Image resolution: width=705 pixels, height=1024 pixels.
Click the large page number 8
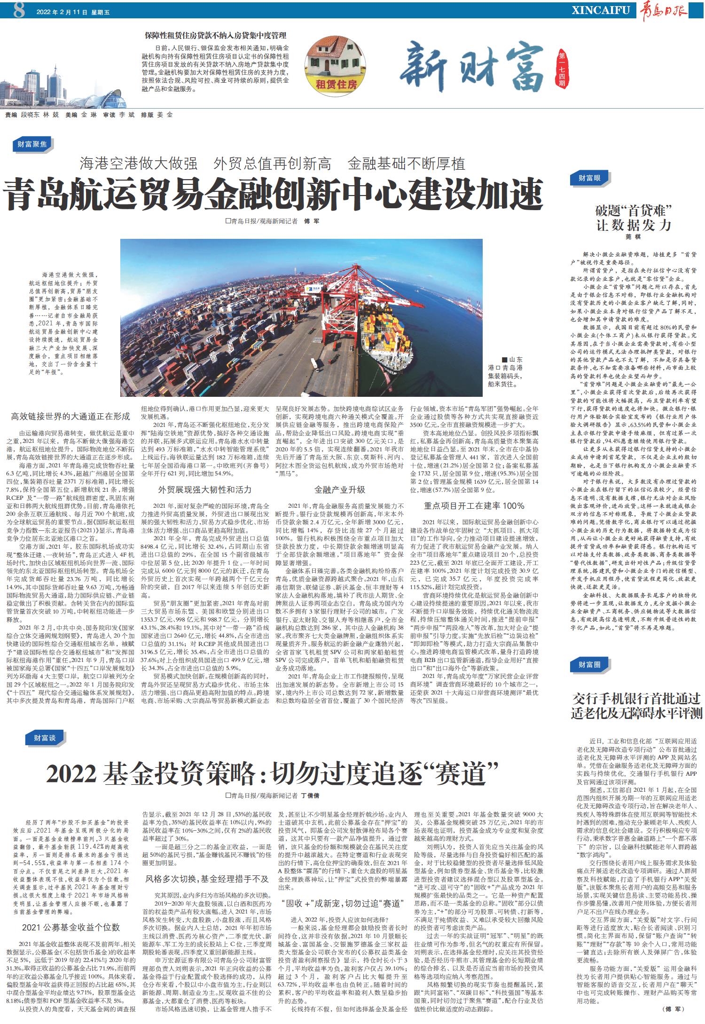[19, 11]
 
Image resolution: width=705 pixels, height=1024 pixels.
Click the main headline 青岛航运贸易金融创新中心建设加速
[274, 194]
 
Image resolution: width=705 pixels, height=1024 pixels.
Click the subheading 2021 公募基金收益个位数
[71, 927]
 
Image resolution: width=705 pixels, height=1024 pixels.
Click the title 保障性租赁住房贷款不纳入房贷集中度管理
[216, 36]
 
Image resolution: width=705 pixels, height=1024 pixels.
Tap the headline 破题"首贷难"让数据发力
[633, 217]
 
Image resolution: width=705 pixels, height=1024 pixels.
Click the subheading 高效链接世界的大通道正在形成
[70, 416]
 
